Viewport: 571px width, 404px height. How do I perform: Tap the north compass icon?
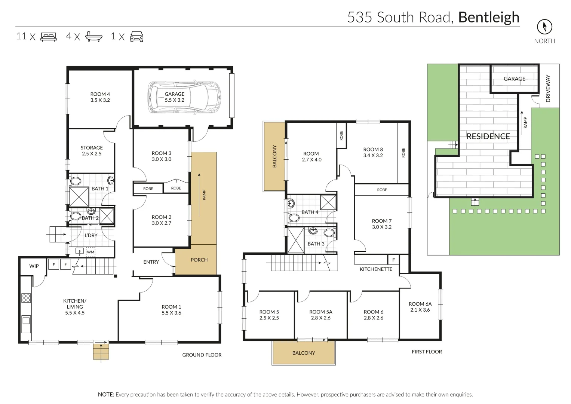coord(544,27)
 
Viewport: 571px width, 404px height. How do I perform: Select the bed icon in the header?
coord(49,37)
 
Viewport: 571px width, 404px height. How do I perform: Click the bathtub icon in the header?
coord(93,36)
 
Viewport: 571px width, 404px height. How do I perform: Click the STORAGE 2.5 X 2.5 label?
coord(92,151)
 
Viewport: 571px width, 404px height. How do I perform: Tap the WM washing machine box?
coord(90,252)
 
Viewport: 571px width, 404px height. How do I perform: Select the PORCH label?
coord(199,260)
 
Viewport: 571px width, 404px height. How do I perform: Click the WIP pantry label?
coord(34,266)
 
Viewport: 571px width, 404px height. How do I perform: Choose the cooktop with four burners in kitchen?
coord(26,298)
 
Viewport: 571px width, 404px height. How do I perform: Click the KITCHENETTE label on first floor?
coord(376,269)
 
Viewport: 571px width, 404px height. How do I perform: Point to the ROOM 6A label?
coord(420,307)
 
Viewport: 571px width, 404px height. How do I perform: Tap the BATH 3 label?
coord(316,244)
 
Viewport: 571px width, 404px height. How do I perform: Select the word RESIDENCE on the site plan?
coord(488,137)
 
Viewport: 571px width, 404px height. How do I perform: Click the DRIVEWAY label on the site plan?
coord(548,89)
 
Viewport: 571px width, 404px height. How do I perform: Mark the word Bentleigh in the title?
coord(489,18)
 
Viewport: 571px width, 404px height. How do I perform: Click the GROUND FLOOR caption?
coord(202,355)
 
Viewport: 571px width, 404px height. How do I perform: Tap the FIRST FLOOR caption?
coord(427,352)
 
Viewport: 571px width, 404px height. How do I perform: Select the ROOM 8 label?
coord(373,152)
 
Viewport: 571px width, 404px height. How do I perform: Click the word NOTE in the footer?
coord(106,395)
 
